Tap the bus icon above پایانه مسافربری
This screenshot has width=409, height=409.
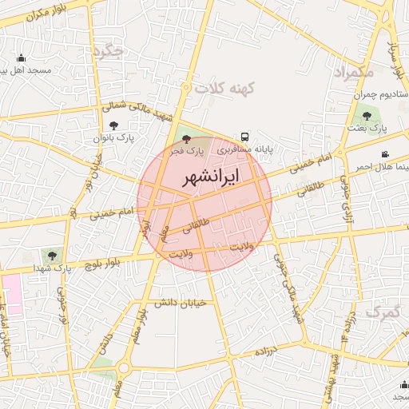[244, 137]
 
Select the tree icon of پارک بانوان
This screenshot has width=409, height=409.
[113, 125]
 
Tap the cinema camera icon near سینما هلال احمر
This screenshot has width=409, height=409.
[386, 154]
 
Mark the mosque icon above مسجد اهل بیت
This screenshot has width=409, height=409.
[21, 58]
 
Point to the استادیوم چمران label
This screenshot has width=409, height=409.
[379, 94]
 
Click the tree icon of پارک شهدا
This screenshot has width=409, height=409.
[52, 256]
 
